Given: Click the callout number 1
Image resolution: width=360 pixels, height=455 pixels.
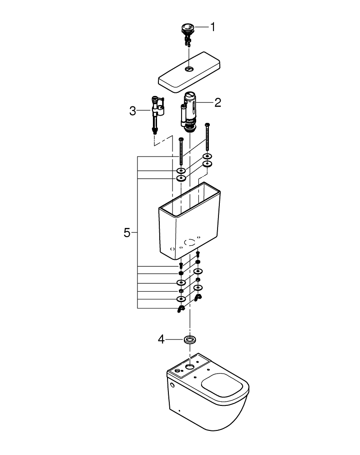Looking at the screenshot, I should point(213,27).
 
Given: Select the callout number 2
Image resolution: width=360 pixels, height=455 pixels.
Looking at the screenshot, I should point(218,102).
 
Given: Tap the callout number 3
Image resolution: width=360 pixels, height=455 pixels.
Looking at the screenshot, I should point(132,111).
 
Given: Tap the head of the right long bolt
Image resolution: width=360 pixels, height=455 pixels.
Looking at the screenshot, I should point(208,125).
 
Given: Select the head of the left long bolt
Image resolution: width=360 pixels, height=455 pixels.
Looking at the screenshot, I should point(181,139).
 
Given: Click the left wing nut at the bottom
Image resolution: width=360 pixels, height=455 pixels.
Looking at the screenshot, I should point(181,309).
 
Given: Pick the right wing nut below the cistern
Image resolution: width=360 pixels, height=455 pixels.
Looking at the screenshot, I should point(198,298).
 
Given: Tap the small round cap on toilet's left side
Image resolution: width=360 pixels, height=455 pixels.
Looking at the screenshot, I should point(172,384).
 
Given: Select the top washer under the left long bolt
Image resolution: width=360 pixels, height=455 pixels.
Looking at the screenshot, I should point(181,171).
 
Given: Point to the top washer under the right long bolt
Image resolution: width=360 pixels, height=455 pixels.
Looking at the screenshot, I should point(208,157).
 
